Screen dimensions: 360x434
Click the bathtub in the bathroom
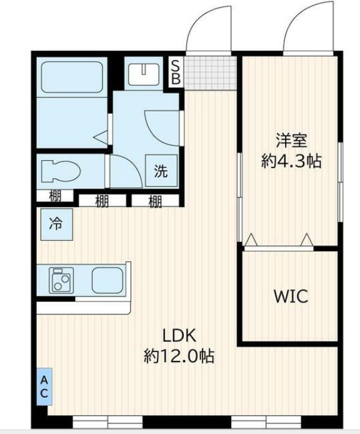click(72, 77)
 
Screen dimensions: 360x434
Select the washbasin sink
click(144, 74)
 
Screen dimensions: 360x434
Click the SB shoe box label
click(176, 73)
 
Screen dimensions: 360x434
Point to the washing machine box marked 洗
click(161, 171)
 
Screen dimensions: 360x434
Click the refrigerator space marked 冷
click(57, 225)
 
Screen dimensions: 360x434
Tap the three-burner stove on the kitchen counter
click(61, 280)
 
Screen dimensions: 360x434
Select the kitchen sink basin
click(107, 280)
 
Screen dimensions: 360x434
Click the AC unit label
click(44, 386)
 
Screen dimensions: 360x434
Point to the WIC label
click(291, 296)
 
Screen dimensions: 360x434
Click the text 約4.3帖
click(291, 161)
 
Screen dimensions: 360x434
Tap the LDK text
click(179, 335)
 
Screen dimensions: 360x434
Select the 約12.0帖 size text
click(179, 356)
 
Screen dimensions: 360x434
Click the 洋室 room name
click(291, 140)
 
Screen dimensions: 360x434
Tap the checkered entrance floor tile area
click(211, 73)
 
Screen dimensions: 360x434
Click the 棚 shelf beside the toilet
click(55, 196)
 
